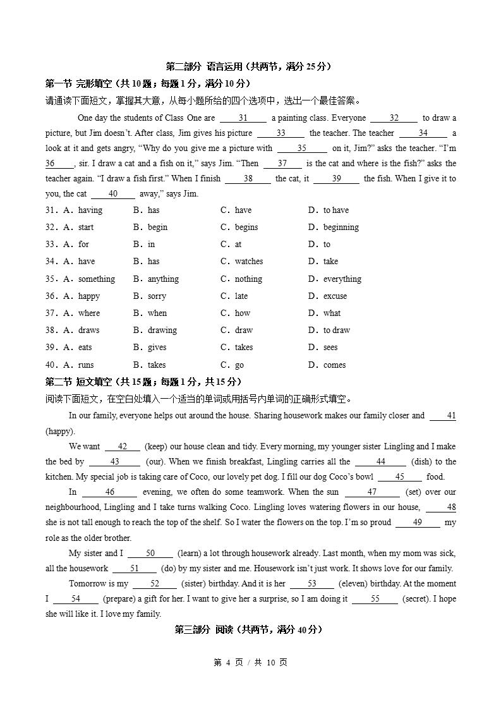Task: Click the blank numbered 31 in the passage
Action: click(x=243, y=118)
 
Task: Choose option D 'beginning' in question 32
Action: click(x=341, y=227)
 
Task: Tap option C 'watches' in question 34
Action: click(x=248, y=262)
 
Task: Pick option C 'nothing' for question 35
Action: click(x=248, y=279)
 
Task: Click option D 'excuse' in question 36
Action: click(x=335, y=296)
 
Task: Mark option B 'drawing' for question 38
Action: click(x=162, y=330)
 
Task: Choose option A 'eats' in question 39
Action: click(x=85, y=348)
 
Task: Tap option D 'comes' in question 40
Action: click(x=334, y=365)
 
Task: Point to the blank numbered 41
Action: click(x=443, y=416)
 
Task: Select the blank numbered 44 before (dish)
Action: click(x=380, y=462)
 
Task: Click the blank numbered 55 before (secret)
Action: click(x=375, y=599)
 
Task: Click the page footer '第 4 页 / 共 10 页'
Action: click(x=250, y=662)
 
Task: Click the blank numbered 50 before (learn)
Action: click(x=150, y=554)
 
